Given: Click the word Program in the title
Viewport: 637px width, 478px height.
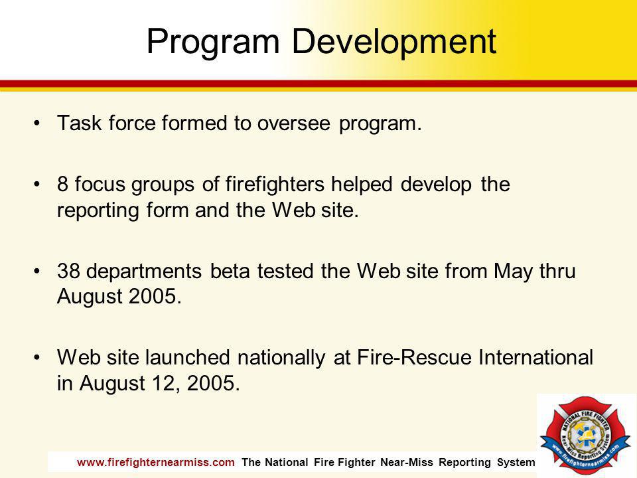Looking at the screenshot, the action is pyautogui.click(x=213, y=42).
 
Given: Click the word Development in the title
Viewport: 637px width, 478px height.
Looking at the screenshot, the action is pyautogui.click(x=393, y=41).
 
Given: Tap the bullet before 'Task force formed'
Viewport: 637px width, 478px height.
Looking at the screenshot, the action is pyautogui.click(x=37, y=123).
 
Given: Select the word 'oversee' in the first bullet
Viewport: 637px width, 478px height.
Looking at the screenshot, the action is pyautogui.click(x=293, y=123).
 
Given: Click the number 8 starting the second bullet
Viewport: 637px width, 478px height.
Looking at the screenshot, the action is pyautogui.click(x=62, y=184).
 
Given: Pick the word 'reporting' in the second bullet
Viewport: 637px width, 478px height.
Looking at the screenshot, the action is pyautogui.click(x=98, y=210).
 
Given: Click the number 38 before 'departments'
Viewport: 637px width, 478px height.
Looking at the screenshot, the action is pyautogui.click(x=68, y=271).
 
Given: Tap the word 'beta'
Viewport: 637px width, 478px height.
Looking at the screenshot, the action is pyautogui.click(x=230, y=271).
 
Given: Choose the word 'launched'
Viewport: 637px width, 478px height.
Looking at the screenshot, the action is pyautogui.click(x=188, y=357).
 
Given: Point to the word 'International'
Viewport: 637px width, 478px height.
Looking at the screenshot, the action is pyautogui.click(x=536, y=357).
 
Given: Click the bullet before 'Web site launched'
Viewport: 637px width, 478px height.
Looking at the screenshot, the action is pyautogui.click(x=37, y=357).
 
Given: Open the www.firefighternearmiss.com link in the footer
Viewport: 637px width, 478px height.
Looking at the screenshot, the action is pyautogui.click(x=155, y=463).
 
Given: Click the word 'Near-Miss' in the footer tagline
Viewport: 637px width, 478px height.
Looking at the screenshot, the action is pyautogui.click(x=407, y=463).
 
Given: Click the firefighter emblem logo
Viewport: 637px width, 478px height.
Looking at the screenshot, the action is pyautogui.click(x=585, y=434).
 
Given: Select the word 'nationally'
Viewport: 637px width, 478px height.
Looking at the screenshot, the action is pyautogui.click(x=281, y=358).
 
